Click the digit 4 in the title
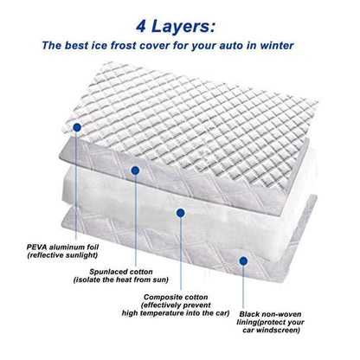(141, 27)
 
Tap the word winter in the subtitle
(277, 46)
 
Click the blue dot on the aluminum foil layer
(77, 127)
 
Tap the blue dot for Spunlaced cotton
(135, 170)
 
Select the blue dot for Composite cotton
(181, 213)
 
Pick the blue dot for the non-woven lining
(243, 261)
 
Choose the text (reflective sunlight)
(62, 255)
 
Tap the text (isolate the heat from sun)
(121, 280)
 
